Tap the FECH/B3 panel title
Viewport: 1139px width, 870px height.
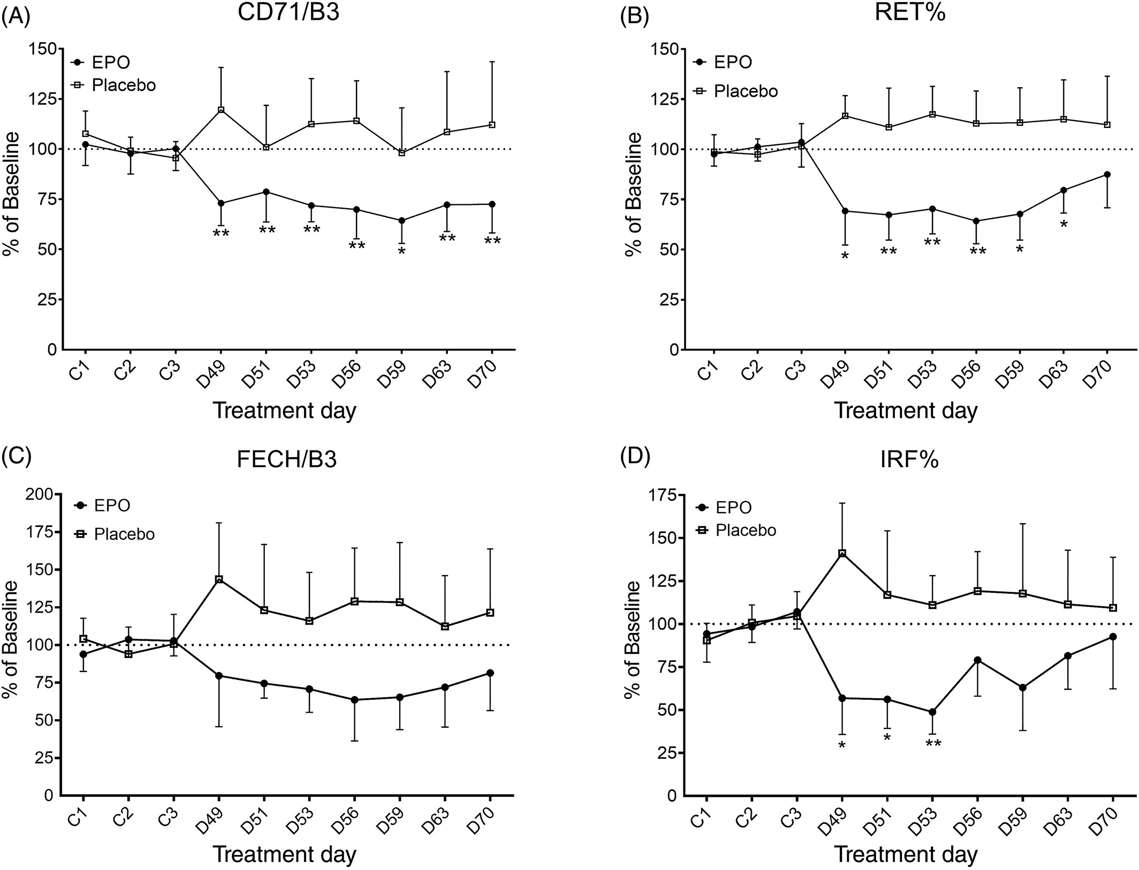point(287,460)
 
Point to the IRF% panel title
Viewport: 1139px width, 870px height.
point(909,460)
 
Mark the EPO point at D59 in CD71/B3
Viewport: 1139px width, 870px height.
point(402,220)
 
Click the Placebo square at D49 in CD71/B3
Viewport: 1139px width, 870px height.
point(221,110)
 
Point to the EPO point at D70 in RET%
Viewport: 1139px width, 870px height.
point(1107,174)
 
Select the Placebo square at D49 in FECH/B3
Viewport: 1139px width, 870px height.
point(218,579)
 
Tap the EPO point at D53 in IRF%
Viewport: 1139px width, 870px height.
point(932,712)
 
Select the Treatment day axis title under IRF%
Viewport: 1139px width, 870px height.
point(906,854)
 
